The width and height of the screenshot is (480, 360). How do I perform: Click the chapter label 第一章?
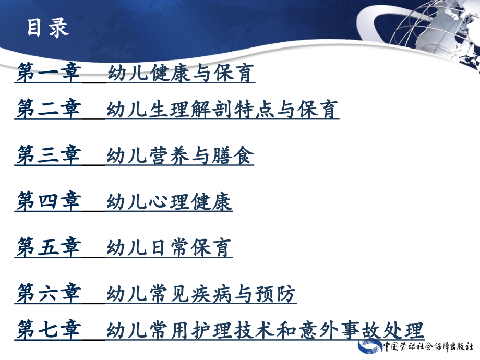(x=48, y=74)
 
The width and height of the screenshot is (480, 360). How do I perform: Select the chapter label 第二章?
(x=48, y=110)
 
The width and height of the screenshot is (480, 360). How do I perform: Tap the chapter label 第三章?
(x=48, y=155)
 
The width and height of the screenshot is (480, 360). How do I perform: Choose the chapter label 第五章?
(x=48, y=247)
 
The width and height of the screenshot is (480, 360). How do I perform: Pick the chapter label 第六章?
(x=48, y=294)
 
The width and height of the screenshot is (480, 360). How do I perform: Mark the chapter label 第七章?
(x=48, y=330)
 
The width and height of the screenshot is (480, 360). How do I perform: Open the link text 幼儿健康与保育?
(x=181, y=74)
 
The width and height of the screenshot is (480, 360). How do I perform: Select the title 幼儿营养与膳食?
(x=180, y=155)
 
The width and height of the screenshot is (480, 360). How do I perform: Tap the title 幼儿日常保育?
(x=169, y=247)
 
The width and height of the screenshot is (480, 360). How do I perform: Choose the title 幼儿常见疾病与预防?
(x=201, y=294)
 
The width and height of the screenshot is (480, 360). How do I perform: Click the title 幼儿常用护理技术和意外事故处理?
(x=265, y=330)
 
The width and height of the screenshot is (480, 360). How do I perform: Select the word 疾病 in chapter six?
(x=212, y=294)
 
